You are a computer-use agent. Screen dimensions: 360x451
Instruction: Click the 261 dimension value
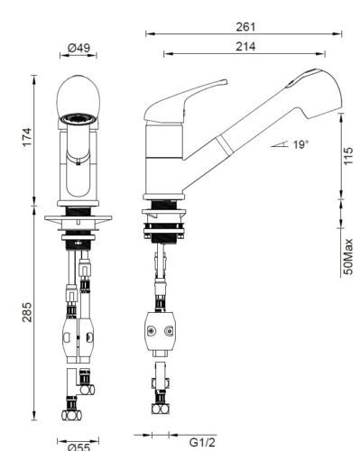pos(245,27)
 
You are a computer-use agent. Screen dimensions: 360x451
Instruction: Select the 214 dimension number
pos(245,47)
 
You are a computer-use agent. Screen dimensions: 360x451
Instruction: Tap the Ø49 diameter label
pos(78,48)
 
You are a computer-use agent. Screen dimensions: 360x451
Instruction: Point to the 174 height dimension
pos(27,137)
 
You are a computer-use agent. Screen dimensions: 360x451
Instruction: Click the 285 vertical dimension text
pos(27,312)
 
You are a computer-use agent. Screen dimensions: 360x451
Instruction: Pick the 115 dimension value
pos(348,156)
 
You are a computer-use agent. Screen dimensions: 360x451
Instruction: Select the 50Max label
pos(348,256)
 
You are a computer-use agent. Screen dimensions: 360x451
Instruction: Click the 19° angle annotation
pos(300,144)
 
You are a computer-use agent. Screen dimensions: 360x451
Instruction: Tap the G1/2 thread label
pos(202,442)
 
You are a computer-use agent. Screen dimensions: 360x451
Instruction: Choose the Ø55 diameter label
pos(78,447)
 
